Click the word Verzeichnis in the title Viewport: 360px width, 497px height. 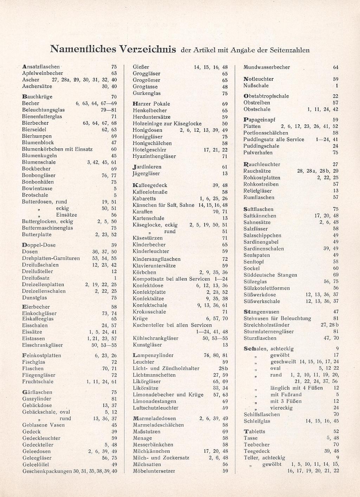(148, 49)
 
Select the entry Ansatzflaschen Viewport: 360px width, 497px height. (41, 66)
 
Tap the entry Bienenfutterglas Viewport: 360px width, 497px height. (42, 116)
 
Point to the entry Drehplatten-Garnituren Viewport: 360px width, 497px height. (51, 258)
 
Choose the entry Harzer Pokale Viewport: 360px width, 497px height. (151, 104)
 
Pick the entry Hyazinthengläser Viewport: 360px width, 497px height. (154, 156)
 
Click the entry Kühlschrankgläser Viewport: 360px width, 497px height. (155, 338)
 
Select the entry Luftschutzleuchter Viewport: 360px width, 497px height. (155, 408)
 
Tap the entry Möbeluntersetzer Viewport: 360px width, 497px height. (154, 471)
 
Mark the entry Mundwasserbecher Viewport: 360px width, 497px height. (266, 67)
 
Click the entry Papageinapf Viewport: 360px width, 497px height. (259, 120)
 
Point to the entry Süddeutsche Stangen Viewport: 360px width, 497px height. (270, 275)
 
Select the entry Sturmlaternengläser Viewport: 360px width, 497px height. (269, 331)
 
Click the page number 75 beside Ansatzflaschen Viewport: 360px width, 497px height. (114, 66)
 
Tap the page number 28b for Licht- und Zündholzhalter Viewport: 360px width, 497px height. (223, 368)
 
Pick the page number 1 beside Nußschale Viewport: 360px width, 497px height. (337, 85)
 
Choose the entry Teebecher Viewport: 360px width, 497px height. (257, 445)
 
